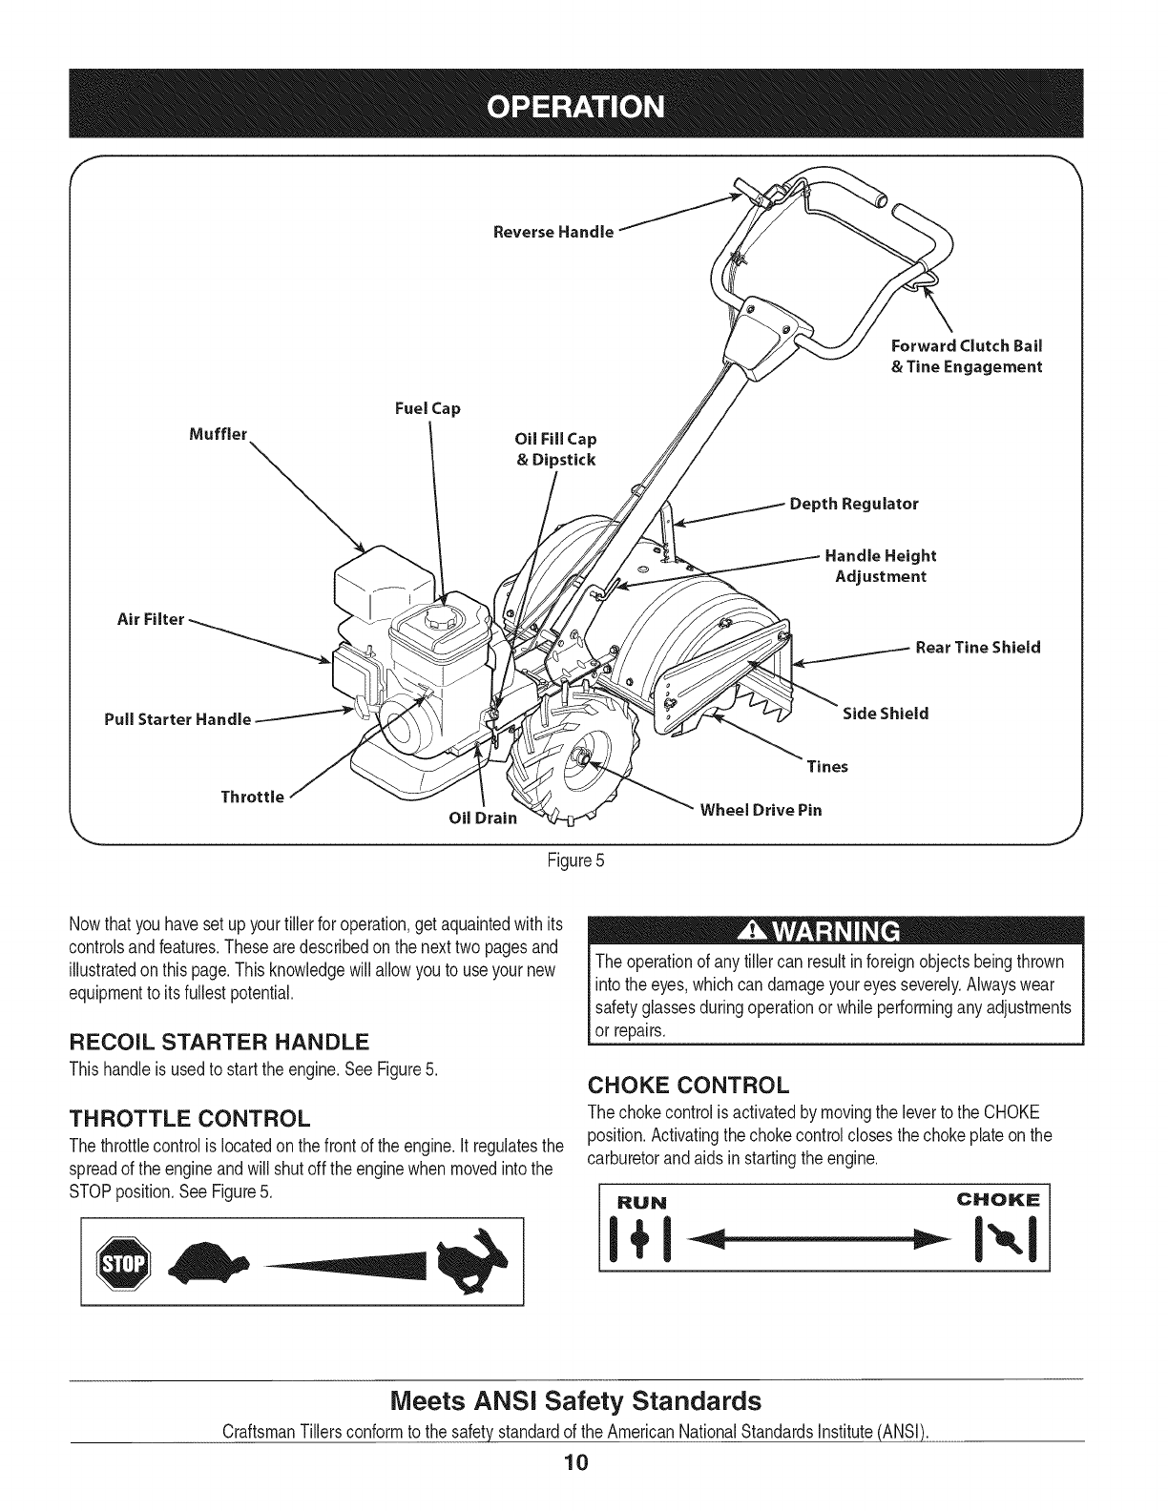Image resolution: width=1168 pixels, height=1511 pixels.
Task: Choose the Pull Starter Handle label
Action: [x=177, y=718]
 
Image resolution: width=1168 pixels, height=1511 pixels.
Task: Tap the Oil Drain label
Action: [x=483, y=818]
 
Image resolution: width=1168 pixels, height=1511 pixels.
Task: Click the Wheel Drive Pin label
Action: [x=761, y=810]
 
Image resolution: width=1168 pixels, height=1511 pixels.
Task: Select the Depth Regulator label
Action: [x=854, y=504]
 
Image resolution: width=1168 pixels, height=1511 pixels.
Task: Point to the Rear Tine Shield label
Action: [x=977, y=648]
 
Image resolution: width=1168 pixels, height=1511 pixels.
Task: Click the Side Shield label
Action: [x=886, y=714]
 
